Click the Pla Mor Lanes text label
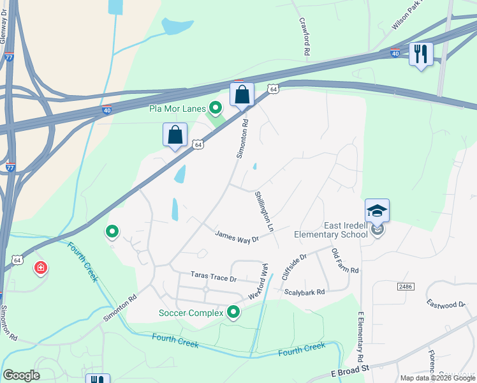(177, 109)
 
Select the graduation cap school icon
(377, 211)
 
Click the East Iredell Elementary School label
(330, 230)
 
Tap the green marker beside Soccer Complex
(233, 312)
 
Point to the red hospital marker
(41, 267)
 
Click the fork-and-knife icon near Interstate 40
(420, 54)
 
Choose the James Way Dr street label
(237, 236)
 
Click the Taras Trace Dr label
(213, 277)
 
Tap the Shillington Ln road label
(264, 211)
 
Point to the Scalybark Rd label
(305, 292)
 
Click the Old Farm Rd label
(345, 262)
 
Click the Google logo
(21, 375)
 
